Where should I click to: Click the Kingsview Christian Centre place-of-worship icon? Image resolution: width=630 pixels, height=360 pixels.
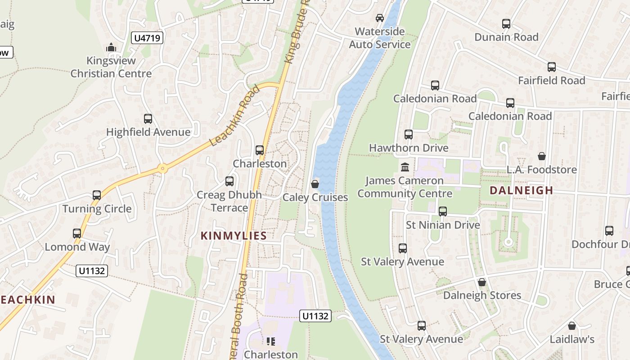[111, 47]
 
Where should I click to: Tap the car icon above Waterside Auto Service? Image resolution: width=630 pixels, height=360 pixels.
[380, 18]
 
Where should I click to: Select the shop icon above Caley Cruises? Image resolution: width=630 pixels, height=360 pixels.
[315, 184]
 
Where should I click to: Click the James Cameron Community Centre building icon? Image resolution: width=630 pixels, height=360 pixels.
[405, 167]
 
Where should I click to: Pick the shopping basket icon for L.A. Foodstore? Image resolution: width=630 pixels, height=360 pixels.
[542, 156]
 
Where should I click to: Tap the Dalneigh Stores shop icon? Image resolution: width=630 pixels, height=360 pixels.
[482, 282]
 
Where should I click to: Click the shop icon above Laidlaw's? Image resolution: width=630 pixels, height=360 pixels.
[571, 326]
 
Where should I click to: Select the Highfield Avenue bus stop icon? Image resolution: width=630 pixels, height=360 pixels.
[148, 119]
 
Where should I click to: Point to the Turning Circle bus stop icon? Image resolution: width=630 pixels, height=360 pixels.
[97, 195]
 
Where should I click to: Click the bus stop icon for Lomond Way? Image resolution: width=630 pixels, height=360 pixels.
[77, 234]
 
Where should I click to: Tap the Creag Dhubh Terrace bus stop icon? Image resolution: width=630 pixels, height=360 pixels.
[229, 181]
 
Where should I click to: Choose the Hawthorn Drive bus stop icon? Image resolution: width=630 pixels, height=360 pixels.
[409, 135]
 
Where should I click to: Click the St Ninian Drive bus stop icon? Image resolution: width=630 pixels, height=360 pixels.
[443, 211]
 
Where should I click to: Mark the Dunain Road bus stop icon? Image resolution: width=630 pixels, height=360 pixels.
[506, 24]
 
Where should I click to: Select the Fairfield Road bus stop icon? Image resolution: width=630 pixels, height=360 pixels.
[552, 67]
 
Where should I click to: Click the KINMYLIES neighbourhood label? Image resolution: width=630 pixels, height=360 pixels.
[234, 235]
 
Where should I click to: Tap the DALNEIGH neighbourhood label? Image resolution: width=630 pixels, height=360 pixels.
[521, 190]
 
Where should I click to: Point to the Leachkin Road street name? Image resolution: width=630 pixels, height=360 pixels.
[235, 116]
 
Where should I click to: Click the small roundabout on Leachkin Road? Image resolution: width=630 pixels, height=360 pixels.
[162, 169]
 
